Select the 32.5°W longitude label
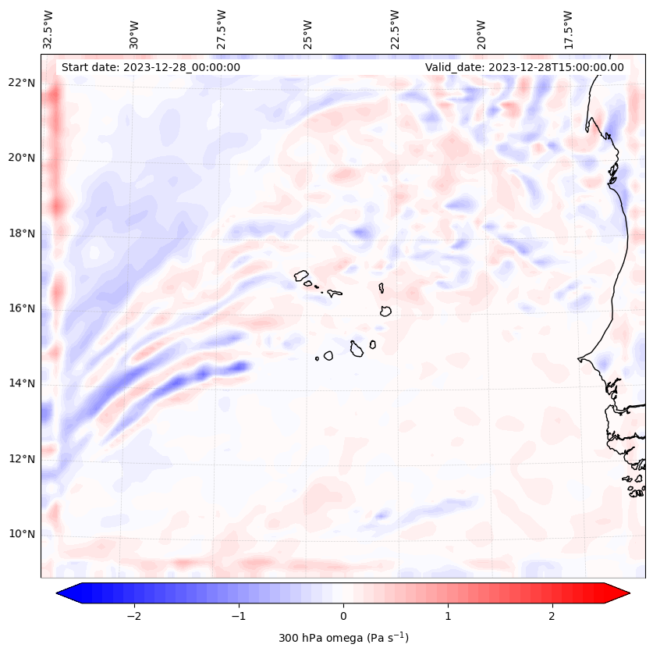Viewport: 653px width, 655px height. [x=48, y=29]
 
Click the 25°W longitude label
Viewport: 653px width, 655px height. [x=308, y=29]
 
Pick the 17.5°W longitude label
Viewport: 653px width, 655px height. [x=568, y=29]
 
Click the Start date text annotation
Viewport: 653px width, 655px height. [x=150, y=67]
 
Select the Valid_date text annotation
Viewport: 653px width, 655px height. [x=524, y=67]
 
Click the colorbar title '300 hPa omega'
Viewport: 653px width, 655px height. [x=343, y=638]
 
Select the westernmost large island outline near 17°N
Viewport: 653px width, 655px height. [x=302, y=275]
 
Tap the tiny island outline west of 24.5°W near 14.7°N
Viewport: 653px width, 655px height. [x=317, y=358]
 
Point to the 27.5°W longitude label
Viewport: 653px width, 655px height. [x=222, y=29]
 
